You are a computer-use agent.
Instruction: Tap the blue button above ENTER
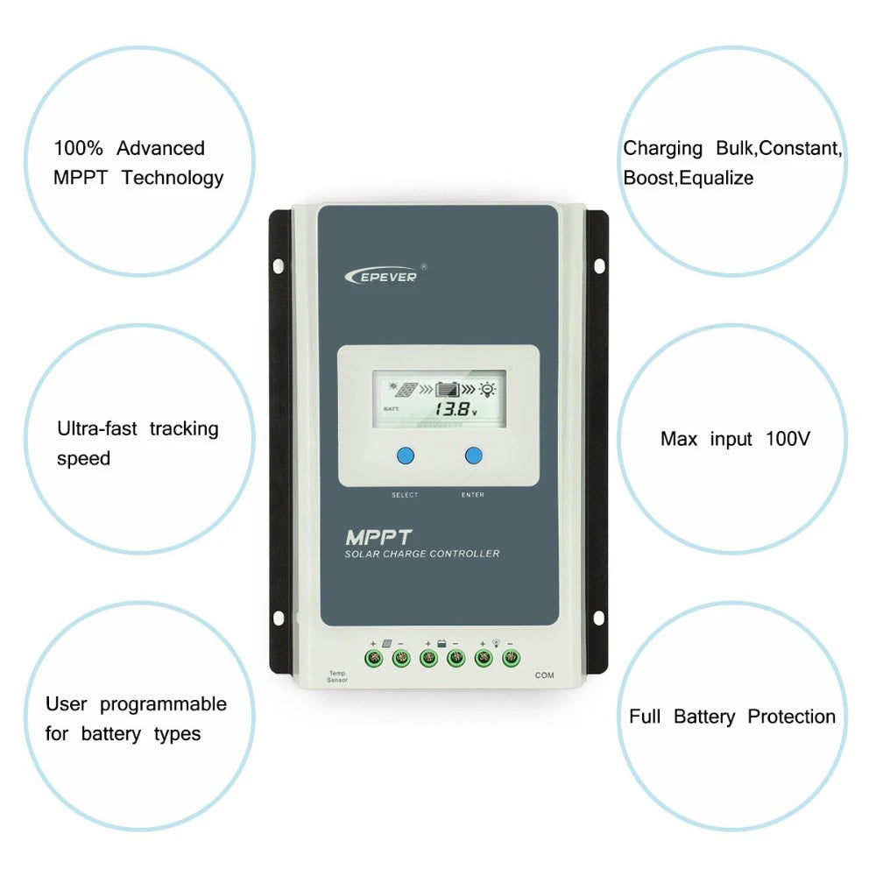(474, 456)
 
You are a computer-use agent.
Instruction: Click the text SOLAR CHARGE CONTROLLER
(422, 554)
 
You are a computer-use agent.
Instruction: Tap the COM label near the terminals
(544, 675)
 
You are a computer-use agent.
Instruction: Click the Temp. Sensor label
(337, 676)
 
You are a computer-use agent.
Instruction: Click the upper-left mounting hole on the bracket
(279, 265)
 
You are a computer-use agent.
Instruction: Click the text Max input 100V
(735, 439)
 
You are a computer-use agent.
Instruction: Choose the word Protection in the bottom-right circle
(791, 717)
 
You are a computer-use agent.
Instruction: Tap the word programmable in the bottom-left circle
(163, 704)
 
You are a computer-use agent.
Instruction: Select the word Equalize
(717, 179)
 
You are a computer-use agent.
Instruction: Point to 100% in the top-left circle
(78, 148)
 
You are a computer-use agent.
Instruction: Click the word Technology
(173, 178)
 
